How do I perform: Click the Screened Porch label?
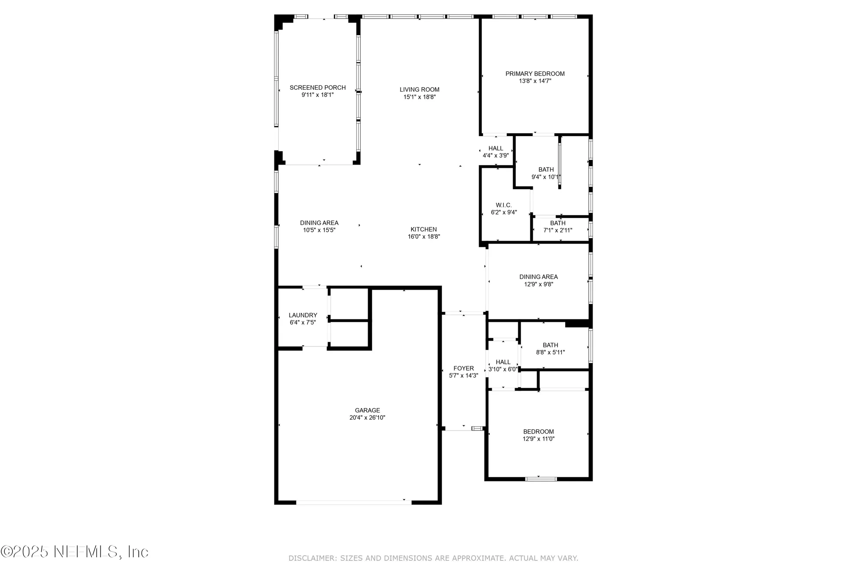coord(317,88)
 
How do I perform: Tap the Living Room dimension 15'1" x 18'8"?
coord(419,97)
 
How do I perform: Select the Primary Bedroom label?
coord(535,74)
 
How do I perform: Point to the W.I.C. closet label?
coord(504,205)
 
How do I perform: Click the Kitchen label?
coord(424,229)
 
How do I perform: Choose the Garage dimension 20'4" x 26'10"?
coord(367,418)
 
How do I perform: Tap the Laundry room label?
coord(303,315)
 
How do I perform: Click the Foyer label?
coord(463,368)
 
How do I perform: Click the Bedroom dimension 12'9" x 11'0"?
coord(538,439)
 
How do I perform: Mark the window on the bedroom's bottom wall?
coord(541,479)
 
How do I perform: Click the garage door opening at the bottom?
coord(353,503)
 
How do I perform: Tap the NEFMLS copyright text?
coord(75,552)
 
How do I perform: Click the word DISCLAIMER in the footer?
coord(312,558)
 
